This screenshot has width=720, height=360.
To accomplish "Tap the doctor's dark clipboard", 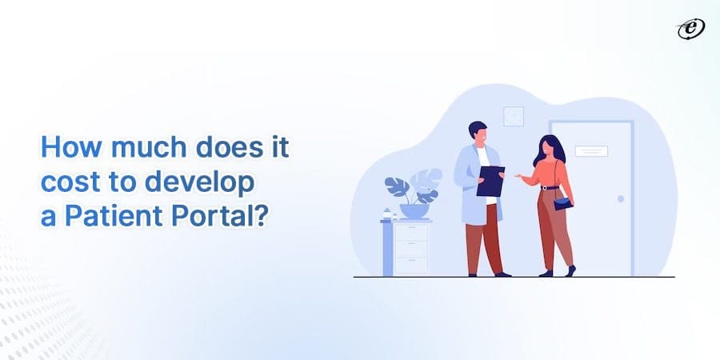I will point(490,182).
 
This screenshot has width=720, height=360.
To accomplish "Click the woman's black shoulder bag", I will point(562,203).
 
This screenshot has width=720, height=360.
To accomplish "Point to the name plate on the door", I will point(592,150).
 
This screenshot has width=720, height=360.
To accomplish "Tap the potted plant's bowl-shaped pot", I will point(414,211).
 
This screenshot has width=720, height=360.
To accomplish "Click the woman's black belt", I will point(549,187).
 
